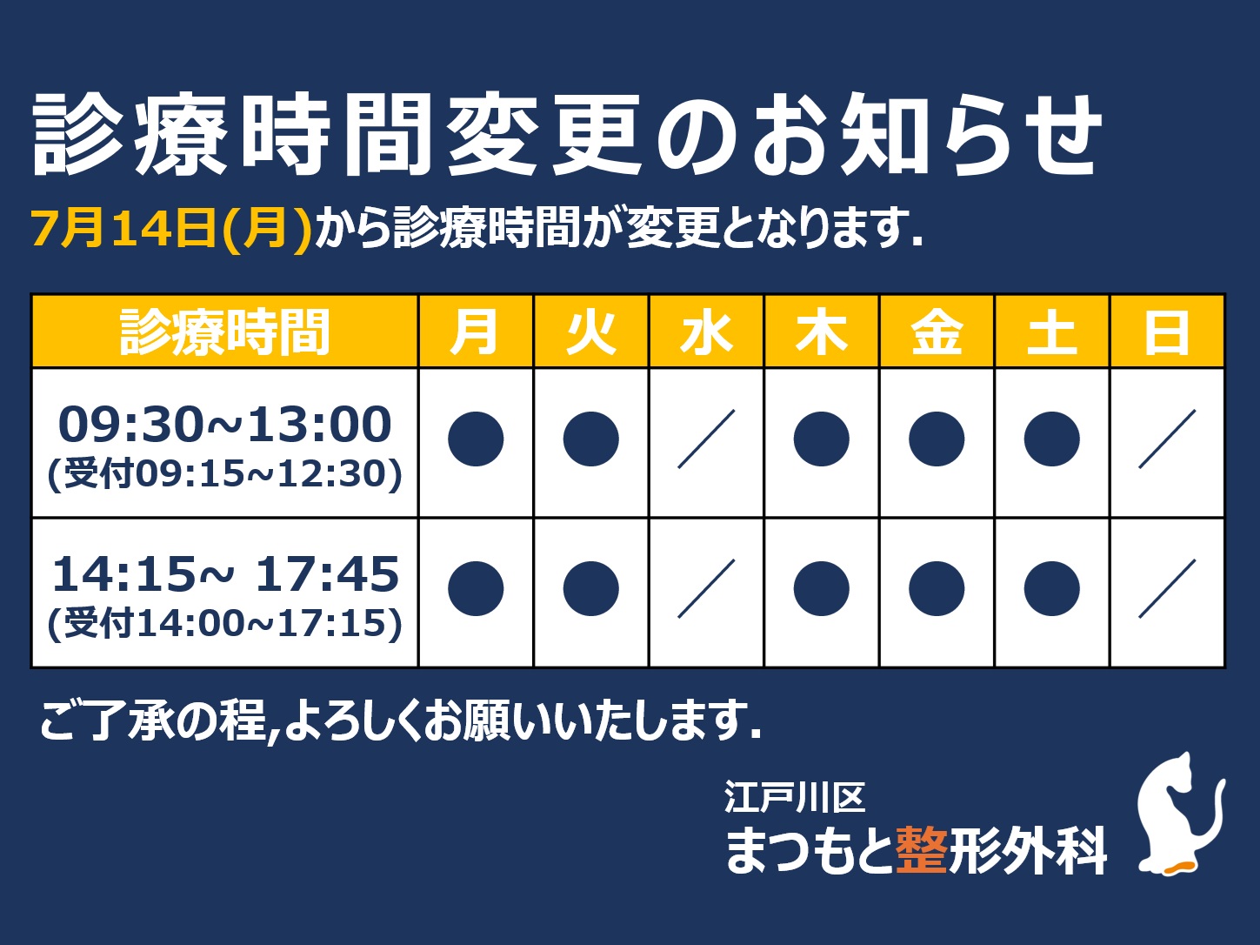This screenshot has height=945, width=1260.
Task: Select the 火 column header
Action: point(591,332)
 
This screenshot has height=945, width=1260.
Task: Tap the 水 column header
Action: point(706,332)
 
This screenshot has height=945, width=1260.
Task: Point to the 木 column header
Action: point(822,332)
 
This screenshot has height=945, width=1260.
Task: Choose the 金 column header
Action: point(937,332)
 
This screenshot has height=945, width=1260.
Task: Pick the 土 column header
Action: point(1051,332)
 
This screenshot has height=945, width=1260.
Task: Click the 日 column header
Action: point(1167,332)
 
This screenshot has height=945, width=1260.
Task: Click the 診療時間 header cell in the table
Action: point(224,332)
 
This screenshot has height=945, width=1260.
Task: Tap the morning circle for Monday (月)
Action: point(476,439)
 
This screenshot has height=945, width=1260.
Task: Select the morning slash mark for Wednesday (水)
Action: point(706,439)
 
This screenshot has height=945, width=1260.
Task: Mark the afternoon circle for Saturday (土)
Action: point(1051,589)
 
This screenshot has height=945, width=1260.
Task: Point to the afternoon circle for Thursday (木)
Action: point(822,589)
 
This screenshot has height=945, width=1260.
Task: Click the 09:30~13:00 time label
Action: point(225,425)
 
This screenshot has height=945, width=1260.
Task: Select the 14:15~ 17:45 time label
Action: point(225,574)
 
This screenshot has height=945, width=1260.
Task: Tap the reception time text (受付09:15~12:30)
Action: point(224,474)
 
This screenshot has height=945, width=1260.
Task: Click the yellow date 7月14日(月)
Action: point(171,229)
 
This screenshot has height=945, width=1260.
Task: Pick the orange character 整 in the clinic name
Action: point(921,851)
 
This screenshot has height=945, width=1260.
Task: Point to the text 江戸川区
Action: point(795,797)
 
